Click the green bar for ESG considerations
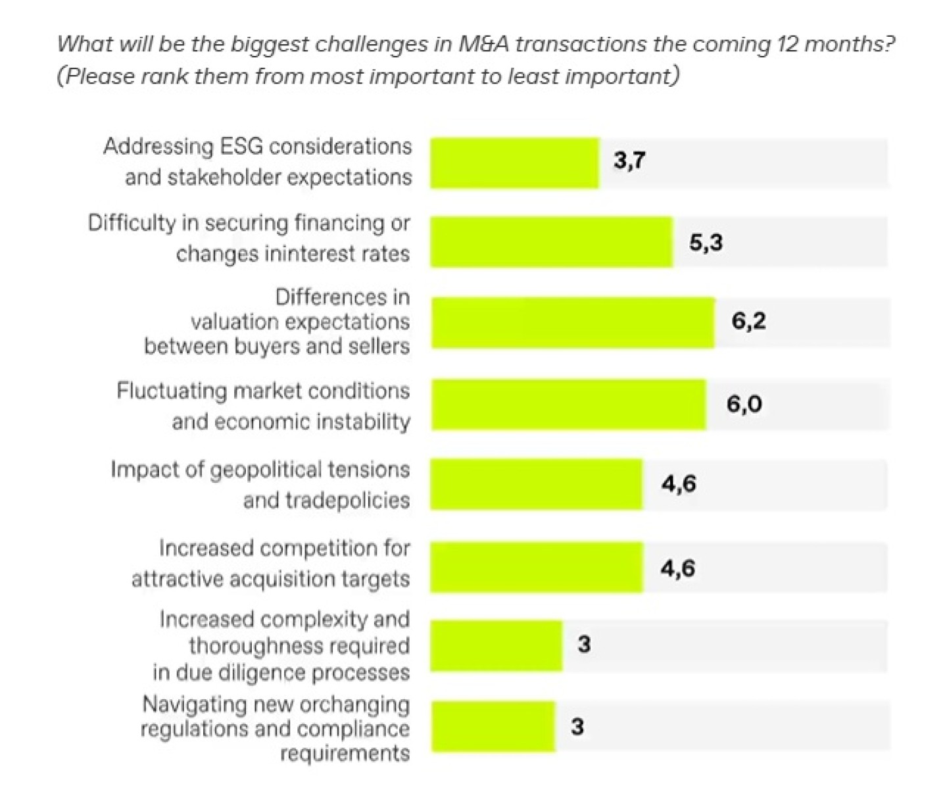pos(515,163)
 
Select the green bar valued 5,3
pos(552,242)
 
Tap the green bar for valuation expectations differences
pos(573,322)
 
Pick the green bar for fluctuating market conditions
pos(569,404)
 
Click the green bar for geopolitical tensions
pos(537,484)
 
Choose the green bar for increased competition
pos(537,567)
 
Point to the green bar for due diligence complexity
pos(497,645)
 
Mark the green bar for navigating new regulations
pos(493,727)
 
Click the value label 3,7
pos(629,160)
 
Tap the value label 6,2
pos(748,322)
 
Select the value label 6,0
pos(744,404)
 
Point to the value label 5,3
pos(706,243)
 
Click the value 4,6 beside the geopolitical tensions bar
pos(679,484)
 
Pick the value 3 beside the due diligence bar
pos(584,645)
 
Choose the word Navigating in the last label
pos(193,704)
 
